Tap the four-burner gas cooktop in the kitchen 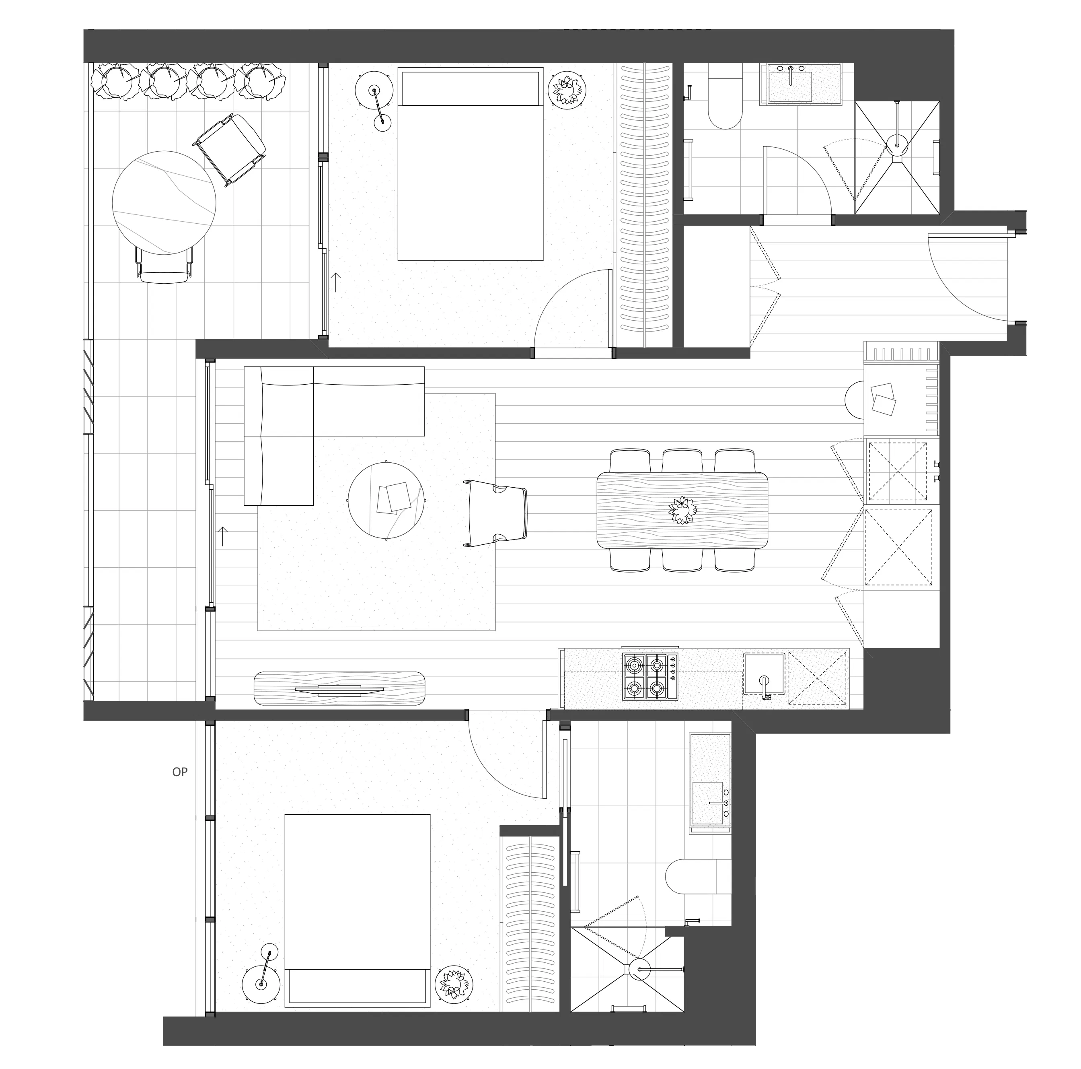click(649, 677)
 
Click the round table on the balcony click(164, 203)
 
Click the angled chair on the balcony click(229, 148)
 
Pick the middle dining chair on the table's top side click(682, 461)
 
